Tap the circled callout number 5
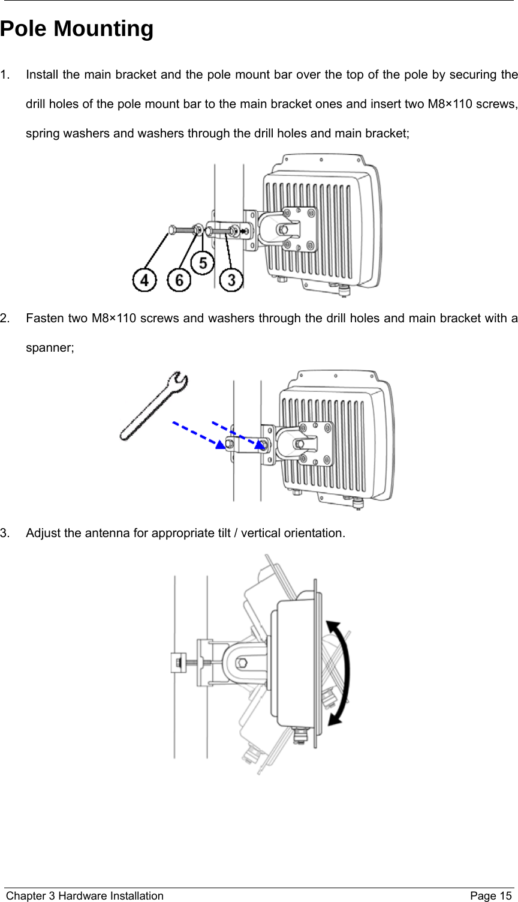click(x=203, y=263)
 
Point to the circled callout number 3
click(x=231, y=280)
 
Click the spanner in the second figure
click(x=153, y=405)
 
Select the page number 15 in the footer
click(x=507, y=896)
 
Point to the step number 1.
click(x=5, y=76)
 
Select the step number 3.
click(x=5, y=533)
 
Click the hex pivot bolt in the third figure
click(x=242, y=663)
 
